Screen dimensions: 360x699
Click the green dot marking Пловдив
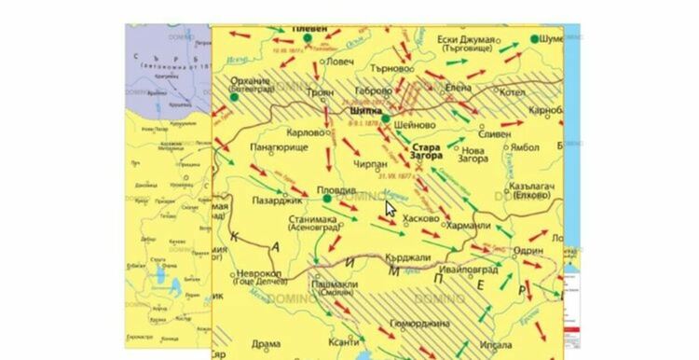[x=327, y=199]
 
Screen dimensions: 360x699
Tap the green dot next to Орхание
[x=235, y=97]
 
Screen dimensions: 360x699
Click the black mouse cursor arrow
[x=391, y=208]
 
